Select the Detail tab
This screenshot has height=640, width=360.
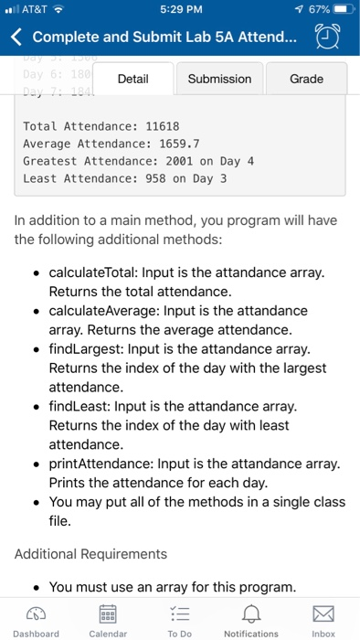(x=133, y=79)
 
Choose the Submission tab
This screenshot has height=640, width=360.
(x=219, y=79)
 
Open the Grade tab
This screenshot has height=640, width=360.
(x=305, y=79)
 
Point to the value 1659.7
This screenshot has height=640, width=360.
(x=175, y=144)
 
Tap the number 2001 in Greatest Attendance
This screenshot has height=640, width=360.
(x=165, y=161)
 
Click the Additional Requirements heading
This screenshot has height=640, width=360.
(x=91, y=554)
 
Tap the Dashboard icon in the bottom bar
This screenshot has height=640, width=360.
(x=37, y=611)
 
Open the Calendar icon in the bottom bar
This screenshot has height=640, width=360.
(x=108, y=611)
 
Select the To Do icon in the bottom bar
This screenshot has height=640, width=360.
(x=180, y=611)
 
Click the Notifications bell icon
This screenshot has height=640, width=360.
(x=251, y=611)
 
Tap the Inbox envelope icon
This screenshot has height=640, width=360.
(x=323, y=611)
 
